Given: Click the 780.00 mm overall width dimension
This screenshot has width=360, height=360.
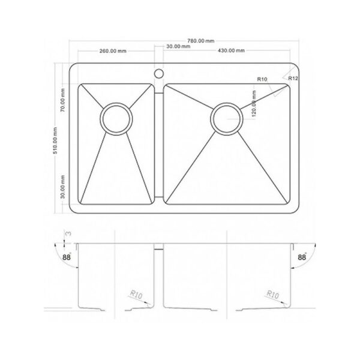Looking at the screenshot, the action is pyautogui.click(x=201, y=41).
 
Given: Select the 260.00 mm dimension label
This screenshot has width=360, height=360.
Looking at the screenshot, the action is pyautogui.click(x=113, y=51).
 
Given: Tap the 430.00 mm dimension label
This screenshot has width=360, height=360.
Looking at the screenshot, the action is pyautogui.click(x=231, y=50).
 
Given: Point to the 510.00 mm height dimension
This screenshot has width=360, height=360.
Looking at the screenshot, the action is pyautogui.click(x=55, y=140).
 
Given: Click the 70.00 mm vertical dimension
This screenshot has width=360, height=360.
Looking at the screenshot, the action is pyautogui.click(x=62, y=100).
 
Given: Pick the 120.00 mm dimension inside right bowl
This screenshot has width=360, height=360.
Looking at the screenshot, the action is pyautogui.click(x=254, y=104).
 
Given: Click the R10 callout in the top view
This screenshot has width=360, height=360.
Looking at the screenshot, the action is pyautogui.click(x=262, y=79).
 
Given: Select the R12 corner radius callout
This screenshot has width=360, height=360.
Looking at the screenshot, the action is pyautogui.click(x=293, y=78).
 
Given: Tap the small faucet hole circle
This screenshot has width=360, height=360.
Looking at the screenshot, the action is pyautogui.click(x=158, y=74).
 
